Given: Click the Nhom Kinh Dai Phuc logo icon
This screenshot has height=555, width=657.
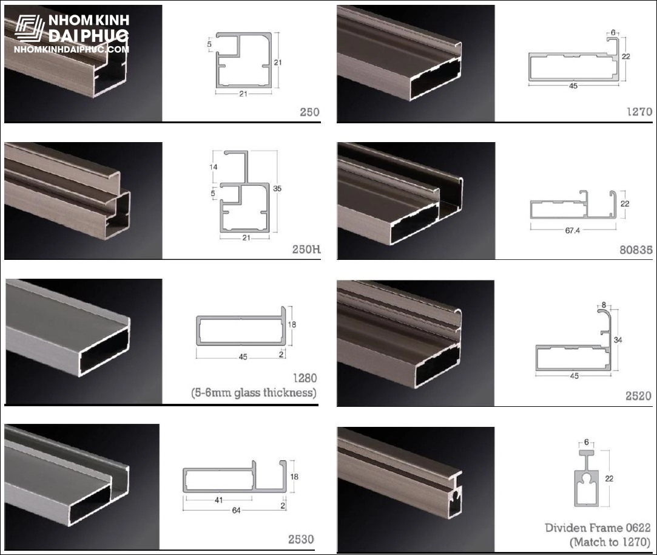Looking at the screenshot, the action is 29,29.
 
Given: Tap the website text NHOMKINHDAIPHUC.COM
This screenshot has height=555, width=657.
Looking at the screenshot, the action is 71,50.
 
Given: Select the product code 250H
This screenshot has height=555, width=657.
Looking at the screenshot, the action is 306,249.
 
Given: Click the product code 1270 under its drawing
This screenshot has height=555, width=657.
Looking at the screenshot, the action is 639,112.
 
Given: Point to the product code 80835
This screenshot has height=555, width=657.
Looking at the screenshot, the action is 636,250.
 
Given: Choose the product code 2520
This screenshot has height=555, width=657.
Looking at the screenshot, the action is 639,396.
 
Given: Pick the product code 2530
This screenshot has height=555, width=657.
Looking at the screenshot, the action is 301,539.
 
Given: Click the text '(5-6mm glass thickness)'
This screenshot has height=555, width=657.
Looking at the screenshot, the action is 254,393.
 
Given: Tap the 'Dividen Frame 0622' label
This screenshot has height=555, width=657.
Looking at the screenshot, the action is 598,528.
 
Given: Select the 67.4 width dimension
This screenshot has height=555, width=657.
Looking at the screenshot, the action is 572,230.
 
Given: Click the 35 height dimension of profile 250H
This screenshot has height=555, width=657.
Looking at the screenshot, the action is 277,189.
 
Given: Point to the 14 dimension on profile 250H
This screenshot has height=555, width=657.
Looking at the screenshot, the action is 214,167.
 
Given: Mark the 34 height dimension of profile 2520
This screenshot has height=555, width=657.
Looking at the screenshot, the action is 618,340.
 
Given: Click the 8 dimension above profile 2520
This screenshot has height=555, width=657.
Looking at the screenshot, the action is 604,305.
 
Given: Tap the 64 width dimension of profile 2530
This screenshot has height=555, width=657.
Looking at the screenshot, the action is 237,510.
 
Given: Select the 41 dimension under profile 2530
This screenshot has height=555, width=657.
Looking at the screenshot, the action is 219,500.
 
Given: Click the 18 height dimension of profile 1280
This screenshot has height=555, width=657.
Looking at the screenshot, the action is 292,324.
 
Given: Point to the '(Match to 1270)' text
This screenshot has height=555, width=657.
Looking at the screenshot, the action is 610,542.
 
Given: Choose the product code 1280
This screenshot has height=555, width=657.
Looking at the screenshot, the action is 305,378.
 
